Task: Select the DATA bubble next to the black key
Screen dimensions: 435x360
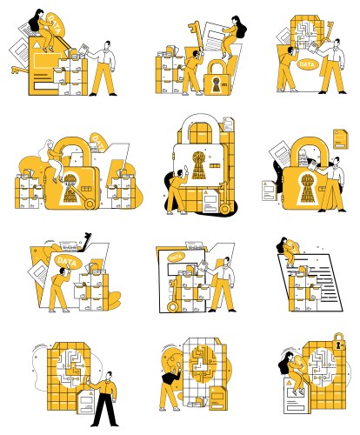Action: pyautogui.click(x=64, y=259)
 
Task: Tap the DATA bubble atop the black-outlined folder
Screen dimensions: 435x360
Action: pyautogui.click(x=176, y=256)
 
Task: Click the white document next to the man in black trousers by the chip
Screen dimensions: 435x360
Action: pyautogui.click(x=87, y=402)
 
